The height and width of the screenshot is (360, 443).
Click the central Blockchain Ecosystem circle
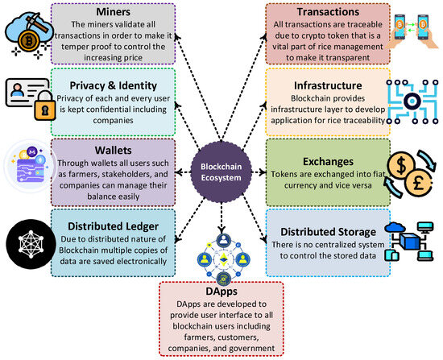click(220, 168)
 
